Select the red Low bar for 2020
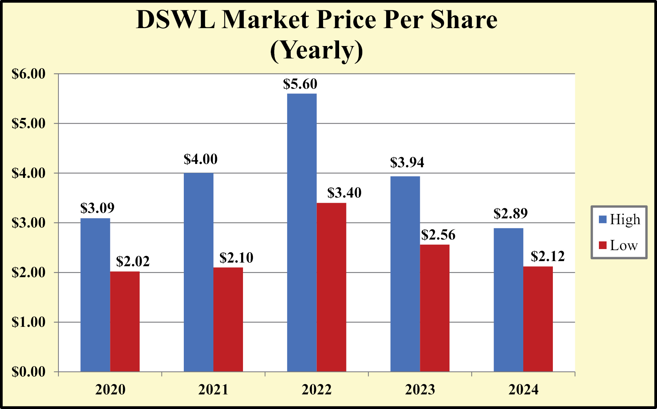[125, 321]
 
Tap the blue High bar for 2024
[508, 300]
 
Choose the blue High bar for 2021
[198, 272]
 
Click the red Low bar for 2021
[228, 320]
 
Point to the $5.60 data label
[300, 84]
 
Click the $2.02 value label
[133, 261]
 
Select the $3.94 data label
[407, 162]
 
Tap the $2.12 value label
[548, 256]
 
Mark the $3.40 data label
[344, 192]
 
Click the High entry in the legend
[620, 219]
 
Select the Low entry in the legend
[619, 245]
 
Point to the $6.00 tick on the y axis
[29, 74]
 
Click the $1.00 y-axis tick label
[29, 322]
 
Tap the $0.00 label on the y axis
[29, 372]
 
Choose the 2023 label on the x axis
[420, 390]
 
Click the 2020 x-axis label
[110, 390]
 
